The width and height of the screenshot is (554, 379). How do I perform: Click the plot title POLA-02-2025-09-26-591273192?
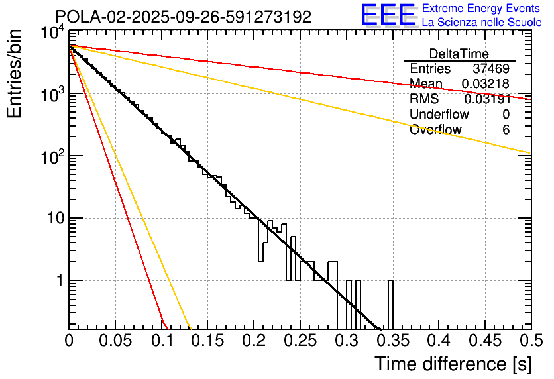point(183,17)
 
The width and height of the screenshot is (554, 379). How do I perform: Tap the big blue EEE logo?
point(388,15)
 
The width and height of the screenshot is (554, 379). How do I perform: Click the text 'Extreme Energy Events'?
point(482,9)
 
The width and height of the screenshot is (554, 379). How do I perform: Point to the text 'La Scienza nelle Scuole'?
point(482,22)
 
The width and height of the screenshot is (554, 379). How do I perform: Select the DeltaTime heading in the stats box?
point(459,54)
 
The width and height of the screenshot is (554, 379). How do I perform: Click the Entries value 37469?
point(491,69)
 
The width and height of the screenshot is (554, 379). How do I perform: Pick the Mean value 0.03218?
point(485,83)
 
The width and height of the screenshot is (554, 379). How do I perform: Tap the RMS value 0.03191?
point(486,99)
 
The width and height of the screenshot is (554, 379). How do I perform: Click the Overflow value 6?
point(506,129)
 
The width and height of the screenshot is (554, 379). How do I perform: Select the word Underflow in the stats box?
point(439,114)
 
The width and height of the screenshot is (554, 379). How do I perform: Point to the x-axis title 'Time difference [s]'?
point(453,364)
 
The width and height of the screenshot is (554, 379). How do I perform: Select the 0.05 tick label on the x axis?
point(115,342)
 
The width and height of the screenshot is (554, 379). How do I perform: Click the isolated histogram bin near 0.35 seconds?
point(390,305)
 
